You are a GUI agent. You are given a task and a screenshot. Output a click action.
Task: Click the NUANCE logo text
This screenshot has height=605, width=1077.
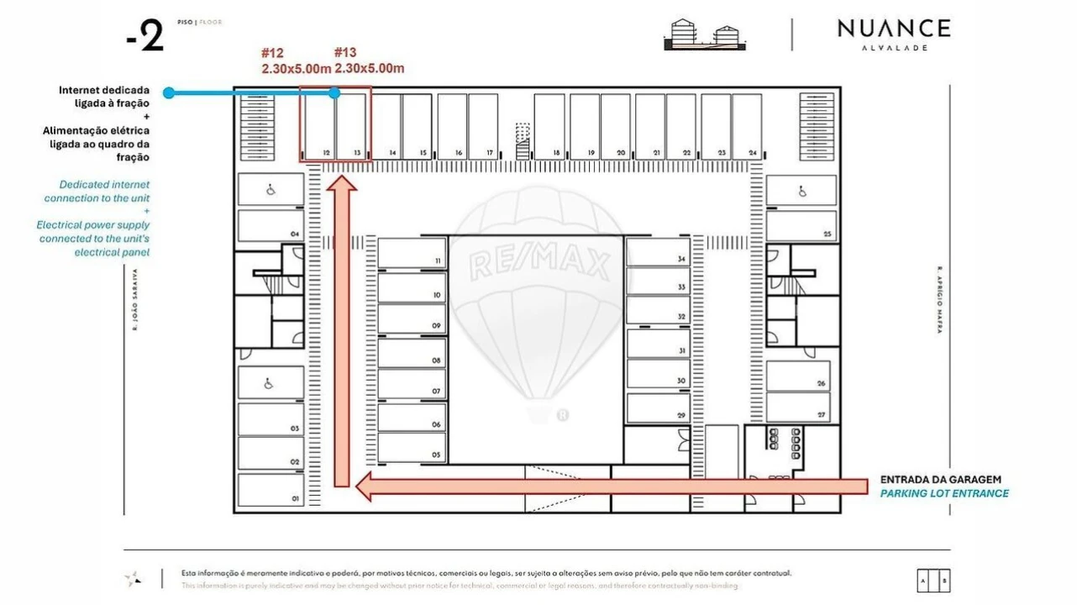point(893,29)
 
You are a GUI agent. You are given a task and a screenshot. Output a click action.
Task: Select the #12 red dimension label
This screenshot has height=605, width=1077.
point(296,61)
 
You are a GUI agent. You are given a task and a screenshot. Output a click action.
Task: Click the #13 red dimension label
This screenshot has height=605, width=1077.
point(370,61)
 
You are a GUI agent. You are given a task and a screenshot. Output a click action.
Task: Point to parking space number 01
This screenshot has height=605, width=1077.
point(271,490)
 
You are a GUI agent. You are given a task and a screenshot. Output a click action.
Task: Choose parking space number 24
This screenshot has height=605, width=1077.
point(747,127)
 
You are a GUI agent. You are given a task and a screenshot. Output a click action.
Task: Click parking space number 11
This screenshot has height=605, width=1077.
point(412,253)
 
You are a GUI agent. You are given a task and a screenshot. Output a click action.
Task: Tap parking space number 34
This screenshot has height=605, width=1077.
point(658,253)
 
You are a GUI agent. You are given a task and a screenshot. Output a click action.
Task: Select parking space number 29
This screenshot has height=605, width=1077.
point(658,408)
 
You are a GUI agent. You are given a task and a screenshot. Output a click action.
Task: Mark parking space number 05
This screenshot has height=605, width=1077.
point(412,447)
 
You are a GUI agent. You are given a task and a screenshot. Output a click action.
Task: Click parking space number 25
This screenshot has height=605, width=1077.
point(801,226)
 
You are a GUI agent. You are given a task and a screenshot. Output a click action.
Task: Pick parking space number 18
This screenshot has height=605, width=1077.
point(549,127)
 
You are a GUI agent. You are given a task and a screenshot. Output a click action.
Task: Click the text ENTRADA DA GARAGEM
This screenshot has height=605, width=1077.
point(940,480)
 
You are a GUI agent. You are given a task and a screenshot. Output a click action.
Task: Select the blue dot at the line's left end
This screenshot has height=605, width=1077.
point(169,92)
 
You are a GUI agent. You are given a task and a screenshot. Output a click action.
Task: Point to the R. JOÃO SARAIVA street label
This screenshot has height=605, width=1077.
point(134,299)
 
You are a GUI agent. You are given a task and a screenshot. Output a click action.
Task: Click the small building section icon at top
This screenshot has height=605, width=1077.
point(706,34)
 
